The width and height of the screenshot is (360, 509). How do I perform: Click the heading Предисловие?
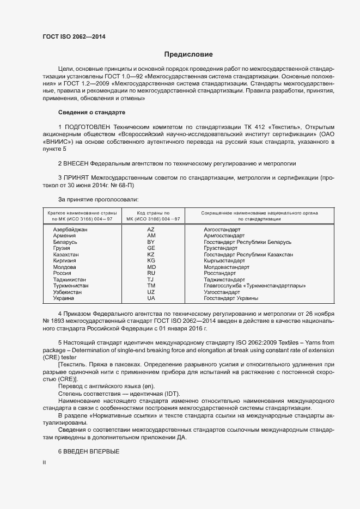tap(188, 54)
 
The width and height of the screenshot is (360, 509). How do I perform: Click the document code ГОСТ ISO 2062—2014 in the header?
tap(74, 37)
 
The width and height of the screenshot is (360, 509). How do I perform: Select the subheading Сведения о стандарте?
tap(91, 112)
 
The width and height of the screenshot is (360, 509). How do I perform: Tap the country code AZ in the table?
tap(151, 230)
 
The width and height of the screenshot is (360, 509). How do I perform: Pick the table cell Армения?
tap(64, 236)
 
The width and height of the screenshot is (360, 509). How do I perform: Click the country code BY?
tap(151, 242)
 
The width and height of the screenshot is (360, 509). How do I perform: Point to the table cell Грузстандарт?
tap(221, 249)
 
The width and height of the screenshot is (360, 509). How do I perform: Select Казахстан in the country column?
tap(66, 255)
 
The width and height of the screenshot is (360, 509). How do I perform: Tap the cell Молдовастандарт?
tap(227, 267)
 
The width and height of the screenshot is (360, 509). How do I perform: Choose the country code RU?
tap(151, 274)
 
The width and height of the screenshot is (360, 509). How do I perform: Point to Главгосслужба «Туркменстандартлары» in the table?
tap(254, 286)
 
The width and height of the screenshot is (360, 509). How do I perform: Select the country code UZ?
tap(151, 292)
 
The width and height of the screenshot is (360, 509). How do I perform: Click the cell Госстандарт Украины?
tap(231, 298)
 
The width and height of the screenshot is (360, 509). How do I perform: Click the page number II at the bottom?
tap(44, 463)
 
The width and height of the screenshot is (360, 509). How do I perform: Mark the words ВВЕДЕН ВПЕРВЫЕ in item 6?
tap(91, 452)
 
